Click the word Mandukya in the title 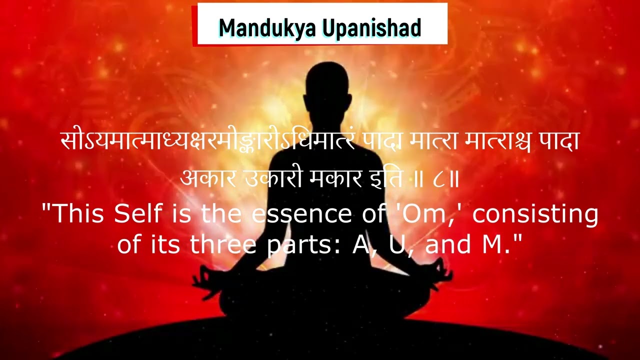267,28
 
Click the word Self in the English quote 138,214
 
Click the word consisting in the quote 535,214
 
